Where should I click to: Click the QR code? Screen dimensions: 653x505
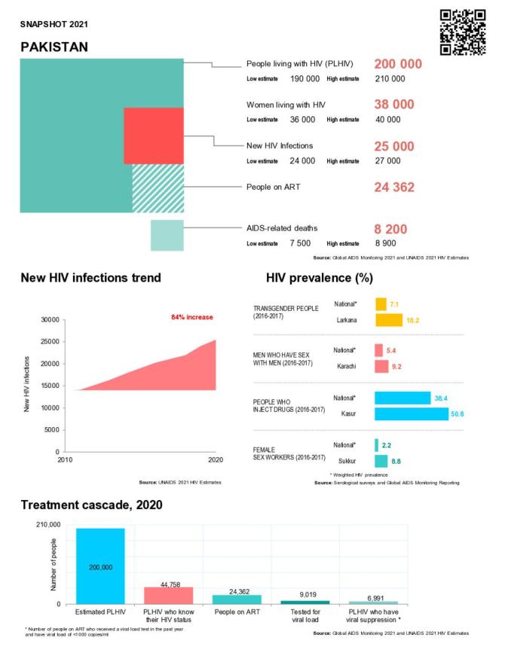pos(462,32)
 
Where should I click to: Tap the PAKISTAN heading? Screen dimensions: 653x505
pos(54,47)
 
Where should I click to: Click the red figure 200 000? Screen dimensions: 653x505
pos(398,64)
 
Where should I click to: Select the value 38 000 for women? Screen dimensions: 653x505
pos(394,105)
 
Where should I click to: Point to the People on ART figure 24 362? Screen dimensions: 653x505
pos(394,187)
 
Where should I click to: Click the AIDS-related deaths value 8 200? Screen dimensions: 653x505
pos(392,228)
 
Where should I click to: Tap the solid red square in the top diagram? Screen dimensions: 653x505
pos(154,136)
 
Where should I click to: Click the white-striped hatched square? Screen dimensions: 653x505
pos(158,189)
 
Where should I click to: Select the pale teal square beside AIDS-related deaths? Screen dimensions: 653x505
pos(167,235)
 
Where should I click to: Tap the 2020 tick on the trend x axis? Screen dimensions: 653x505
pos(216,459)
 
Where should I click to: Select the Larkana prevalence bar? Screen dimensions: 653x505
pos(388,320)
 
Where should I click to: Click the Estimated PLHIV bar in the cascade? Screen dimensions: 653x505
pos(100,565)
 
